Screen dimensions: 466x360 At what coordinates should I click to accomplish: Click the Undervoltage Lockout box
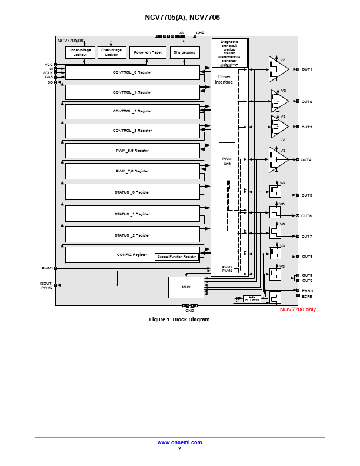(x=79, y=52)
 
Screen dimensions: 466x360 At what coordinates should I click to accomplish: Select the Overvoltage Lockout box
(x=112, y=52)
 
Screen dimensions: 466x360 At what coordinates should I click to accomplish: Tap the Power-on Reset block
(x=148, y=52)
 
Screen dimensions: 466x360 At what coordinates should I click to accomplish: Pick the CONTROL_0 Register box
(x=132, y=72)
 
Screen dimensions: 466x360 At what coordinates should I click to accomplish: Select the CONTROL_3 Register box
(x=132, y=131)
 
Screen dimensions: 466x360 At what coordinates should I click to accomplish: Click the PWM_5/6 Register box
(x=132, y=151)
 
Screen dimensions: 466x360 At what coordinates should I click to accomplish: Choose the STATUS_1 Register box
(x=132, y=214)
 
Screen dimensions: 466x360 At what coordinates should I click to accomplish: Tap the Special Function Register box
(x=176, y=257)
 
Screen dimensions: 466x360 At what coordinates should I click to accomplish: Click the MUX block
(x=186, y=287)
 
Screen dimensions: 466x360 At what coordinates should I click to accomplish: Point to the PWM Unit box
(x=226, y=161)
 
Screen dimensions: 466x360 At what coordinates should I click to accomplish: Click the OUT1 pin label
(x=306, y=69)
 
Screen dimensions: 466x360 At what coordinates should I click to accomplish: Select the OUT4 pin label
(x=306, y=160)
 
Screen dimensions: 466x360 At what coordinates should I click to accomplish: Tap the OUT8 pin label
(x=306, y=257)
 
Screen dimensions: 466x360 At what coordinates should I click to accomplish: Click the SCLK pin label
(x=48, y=73)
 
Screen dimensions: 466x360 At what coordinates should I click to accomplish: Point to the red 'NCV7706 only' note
(x=298, y=309)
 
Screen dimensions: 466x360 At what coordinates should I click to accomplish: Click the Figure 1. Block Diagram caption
(x=179, y=319)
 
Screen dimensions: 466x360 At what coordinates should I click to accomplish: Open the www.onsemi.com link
(x=179, y=442)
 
